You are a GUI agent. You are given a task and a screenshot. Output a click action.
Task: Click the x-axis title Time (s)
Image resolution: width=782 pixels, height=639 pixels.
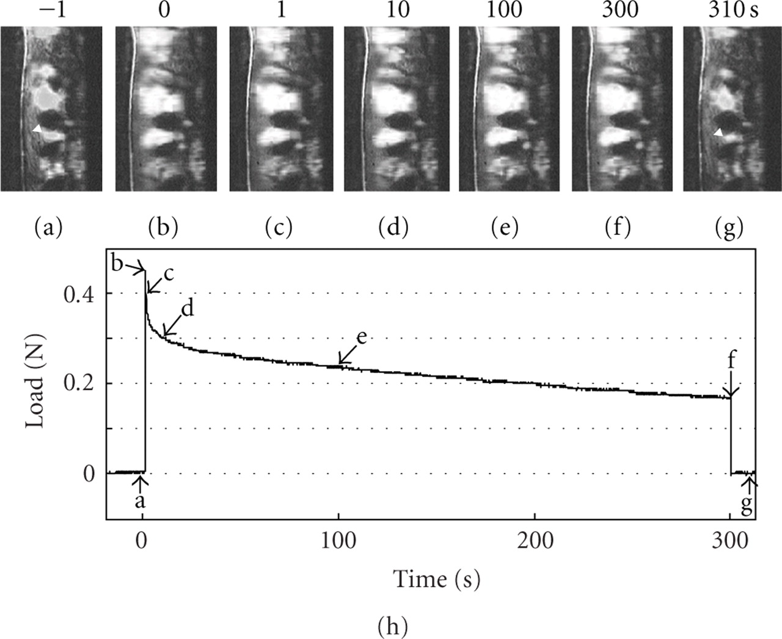(x=436, y=579)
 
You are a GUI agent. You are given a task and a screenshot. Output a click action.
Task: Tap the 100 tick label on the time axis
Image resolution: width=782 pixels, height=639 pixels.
(x=338, y=542)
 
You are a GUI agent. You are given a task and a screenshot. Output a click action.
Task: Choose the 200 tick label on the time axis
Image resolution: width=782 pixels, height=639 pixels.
(x=535, y=542)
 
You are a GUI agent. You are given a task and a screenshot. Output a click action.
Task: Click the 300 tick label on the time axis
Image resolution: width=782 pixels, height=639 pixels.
(x=731, y=542)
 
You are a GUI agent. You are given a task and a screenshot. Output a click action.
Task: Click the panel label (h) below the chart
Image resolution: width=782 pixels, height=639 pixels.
(x=390, y=625)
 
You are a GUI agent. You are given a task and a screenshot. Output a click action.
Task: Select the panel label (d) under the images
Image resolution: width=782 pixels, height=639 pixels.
(x=393, y=228)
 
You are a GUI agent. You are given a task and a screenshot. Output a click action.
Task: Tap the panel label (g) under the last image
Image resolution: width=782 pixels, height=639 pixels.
(x=728, y=228)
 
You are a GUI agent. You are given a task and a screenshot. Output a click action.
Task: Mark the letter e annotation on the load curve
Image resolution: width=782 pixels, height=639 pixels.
(x=361, y=338)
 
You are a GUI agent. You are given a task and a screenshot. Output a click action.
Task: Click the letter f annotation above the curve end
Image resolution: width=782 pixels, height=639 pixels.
(x=732, y=361)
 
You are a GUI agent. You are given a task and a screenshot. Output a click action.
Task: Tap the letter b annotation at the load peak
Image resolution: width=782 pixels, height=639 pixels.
(x=118, y=264)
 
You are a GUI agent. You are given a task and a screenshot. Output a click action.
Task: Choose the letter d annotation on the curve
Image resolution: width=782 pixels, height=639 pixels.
(x=188, y=309)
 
